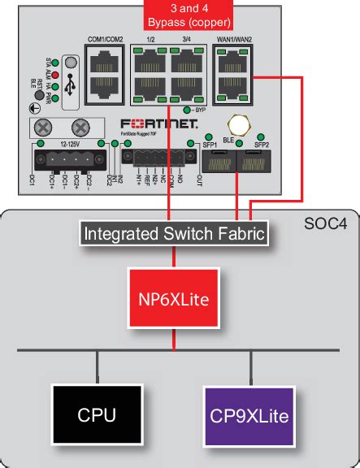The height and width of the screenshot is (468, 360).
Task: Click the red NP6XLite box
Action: (173, 300)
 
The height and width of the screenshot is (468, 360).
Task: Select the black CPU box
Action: (97, 416)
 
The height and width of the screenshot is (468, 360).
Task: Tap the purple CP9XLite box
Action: (249, 416)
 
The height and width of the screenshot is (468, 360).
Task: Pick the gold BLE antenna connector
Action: (236, 124)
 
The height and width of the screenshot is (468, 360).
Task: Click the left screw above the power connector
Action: (48, 127)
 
